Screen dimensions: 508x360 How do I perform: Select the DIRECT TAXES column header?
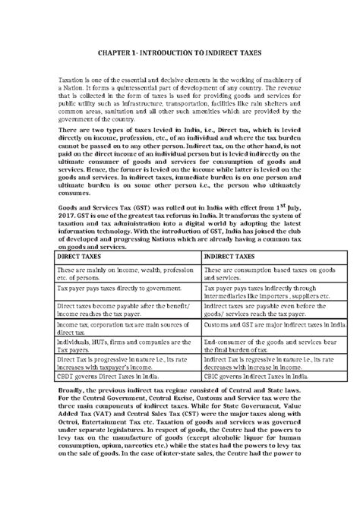tap(82, 258)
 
